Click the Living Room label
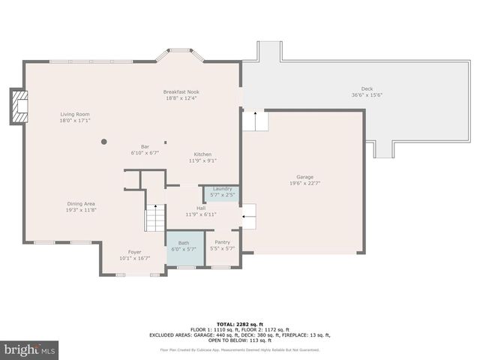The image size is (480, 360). pos(75,115)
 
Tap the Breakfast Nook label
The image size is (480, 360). pos(181,91)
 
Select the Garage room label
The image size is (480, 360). pos(304,177)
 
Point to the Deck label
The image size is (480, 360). pos(367,88)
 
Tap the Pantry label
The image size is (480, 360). pos(222,242)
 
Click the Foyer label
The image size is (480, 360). pos(134,253)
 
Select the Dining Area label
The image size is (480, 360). pos(80,203)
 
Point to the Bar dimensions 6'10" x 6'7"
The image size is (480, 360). pos(145,152)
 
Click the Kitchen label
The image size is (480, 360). pos(202,154)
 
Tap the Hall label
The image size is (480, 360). pos(201,208)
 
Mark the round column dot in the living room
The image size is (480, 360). pos(104,141)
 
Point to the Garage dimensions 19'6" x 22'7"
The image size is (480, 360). pos(304,183)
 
